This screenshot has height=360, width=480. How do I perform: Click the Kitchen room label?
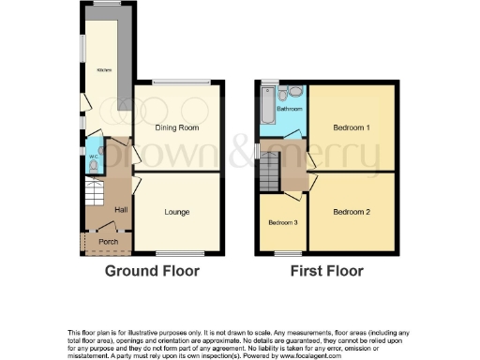[103, 70]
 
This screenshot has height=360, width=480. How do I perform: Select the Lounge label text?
[177, 212]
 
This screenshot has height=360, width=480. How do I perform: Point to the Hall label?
[121, 209]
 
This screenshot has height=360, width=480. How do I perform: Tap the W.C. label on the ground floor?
[93, 156]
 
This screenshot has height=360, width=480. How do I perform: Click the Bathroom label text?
[289, 109]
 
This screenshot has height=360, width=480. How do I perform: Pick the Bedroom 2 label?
[352, 212]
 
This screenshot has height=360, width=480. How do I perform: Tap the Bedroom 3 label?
[282, 222]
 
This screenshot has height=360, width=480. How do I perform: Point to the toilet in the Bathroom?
[294, 92]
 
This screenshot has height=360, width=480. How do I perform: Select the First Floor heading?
[327, 272]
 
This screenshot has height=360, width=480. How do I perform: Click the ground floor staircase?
[95, 197]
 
